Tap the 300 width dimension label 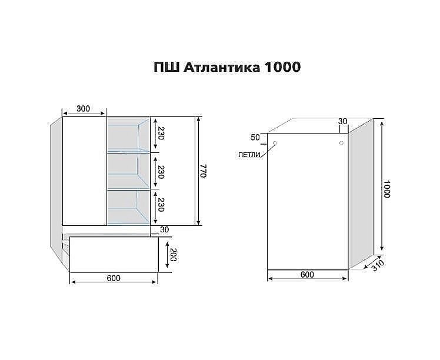(84, 108)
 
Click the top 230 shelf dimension (159, 136)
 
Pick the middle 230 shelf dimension (159, 171)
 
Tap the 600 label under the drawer (114, 278)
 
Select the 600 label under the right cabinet (307, 275)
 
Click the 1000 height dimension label (387, 188)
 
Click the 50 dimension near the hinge (255, 138)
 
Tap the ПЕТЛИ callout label (250, 155)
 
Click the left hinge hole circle (275, 143)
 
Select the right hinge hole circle (341, 142)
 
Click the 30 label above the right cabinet (342, 122)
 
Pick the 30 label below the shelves (164, 230)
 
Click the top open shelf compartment (128, 135)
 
